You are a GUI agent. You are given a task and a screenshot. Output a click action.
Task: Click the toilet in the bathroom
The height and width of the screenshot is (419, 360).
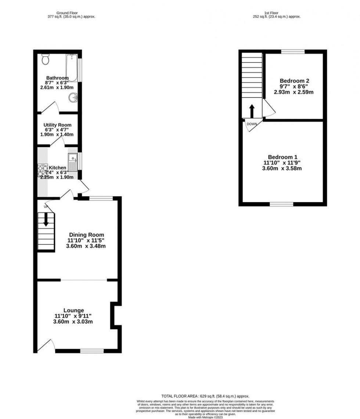(46, 58)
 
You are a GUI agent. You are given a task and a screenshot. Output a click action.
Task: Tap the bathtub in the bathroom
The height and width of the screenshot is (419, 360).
(71, 68)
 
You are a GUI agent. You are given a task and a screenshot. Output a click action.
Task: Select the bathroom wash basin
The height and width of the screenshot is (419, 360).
(73, 98)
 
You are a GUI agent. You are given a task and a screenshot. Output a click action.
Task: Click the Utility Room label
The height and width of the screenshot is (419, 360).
(57, 125)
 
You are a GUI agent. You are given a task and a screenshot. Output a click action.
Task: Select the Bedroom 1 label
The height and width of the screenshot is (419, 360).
(282, 156)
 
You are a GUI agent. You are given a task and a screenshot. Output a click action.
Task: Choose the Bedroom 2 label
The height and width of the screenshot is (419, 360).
(294, 81)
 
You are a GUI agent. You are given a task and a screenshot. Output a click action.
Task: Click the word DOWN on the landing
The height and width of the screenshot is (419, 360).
(252, 124)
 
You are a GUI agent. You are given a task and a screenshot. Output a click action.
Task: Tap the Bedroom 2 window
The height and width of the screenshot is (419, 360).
(293, 51)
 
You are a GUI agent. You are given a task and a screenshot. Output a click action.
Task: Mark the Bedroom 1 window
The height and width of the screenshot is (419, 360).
(282, 204)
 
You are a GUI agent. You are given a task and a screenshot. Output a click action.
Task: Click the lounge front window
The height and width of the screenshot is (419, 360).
(92, 351)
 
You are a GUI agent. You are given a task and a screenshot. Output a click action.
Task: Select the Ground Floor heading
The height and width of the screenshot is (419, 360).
(67, 13)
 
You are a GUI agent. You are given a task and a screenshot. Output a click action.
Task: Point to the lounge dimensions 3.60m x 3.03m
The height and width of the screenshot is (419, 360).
(73, 322)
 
